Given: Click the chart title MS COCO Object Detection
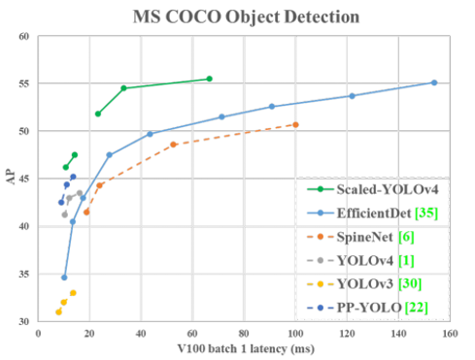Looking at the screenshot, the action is (x=246, y=16).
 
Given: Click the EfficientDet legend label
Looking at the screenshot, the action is (x=374, y=213).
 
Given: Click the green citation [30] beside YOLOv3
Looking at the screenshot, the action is (x=410, y=283).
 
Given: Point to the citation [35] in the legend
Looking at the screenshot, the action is (x=426, y=213).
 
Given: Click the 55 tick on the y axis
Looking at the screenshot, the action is (x=24, y=83).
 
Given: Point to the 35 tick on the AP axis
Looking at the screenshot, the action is (x=24, y=275).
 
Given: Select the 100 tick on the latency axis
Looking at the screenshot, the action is (x=295, y=333).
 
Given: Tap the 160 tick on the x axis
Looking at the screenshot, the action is (x=450, y=333).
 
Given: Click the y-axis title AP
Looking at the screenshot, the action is (x=11, y=177).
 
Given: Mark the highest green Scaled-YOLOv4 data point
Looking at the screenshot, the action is (x=210, y=79).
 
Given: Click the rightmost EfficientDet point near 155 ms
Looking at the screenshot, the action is (x=434, y=82).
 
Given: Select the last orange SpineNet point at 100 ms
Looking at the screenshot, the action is (x=295, y=125).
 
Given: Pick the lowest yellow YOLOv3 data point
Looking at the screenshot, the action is (x=58, y=312).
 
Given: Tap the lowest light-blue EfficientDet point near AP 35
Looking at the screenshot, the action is (x=64, y=278).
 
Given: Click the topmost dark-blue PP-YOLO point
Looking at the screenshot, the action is (x=73, y=177).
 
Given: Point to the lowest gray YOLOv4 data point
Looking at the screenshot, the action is (x=65, y=214).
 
